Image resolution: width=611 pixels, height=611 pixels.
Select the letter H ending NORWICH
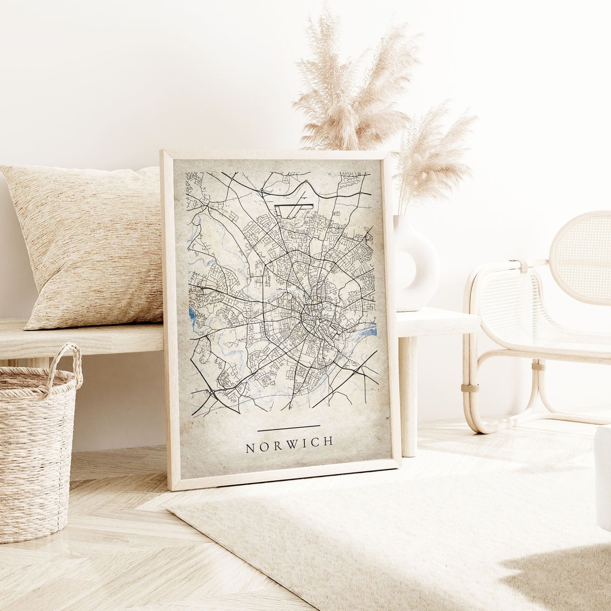click(328, 441)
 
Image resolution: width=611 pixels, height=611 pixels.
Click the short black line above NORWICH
click(289, 428)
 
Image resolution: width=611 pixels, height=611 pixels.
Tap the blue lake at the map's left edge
click(192, 317)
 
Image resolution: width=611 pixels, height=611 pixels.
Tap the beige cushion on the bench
click(91, 243)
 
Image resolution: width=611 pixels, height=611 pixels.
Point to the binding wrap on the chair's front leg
click(469, 388)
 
